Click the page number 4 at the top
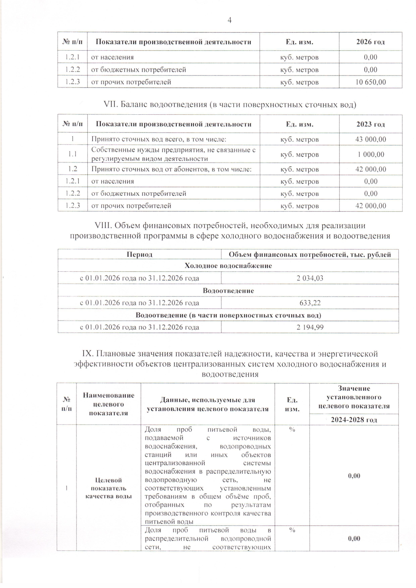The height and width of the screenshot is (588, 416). (x=229, y=20)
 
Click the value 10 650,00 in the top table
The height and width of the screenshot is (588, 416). (x=371, y=82)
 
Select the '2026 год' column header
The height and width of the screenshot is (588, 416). (x=371, y=42)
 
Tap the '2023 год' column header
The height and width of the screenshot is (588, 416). (x=371, y=124)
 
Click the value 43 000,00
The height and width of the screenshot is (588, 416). (x=371, y=139)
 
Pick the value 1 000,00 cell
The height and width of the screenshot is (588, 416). (x=371, y=154)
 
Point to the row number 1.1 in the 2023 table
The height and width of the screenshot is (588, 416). (x=72, y=154)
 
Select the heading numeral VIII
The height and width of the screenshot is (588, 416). (x=103, y=226)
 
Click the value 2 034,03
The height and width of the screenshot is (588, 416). (x=310, y=278)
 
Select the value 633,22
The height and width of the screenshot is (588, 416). (x=310, y=303)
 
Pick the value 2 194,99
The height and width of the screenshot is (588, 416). (x=310, y=327)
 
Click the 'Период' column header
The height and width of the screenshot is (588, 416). (x=139, y=255)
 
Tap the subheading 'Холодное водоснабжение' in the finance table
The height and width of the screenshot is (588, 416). (x=228, y=266)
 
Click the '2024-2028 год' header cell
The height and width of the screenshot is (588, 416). (x=354, y=420)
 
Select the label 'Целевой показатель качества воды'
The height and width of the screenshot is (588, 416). (x=109, y=488)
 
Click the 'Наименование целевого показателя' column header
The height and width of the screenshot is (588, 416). (x=109, y=404)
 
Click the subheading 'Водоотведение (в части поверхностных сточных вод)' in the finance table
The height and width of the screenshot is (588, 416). (x=228, y=315)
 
